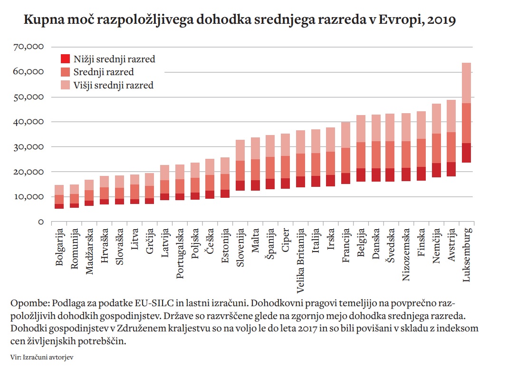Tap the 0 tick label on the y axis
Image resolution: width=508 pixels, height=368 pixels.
(x=41, y=222)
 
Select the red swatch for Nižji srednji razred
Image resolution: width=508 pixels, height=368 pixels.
(x=65, y=59)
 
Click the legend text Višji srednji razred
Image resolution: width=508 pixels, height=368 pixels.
(x=114, y=86)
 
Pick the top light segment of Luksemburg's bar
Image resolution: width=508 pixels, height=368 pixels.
(x=466, y=83)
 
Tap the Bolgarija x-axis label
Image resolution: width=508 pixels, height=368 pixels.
(x=59, y=249)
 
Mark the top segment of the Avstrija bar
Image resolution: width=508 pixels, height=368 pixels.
(x=451, y=116)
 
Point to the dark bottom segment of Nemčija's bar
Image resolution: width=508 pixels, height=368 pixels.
(x=436, y=170)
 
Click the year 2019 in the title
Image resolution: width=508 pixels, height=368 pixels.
(x=441, y=20)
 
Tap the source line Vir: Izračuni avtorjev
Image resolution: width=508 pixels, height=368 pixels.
(x=41, y=356)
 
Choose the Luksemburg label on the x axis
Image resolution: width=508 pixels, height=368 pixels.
(x=466, y=255)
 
